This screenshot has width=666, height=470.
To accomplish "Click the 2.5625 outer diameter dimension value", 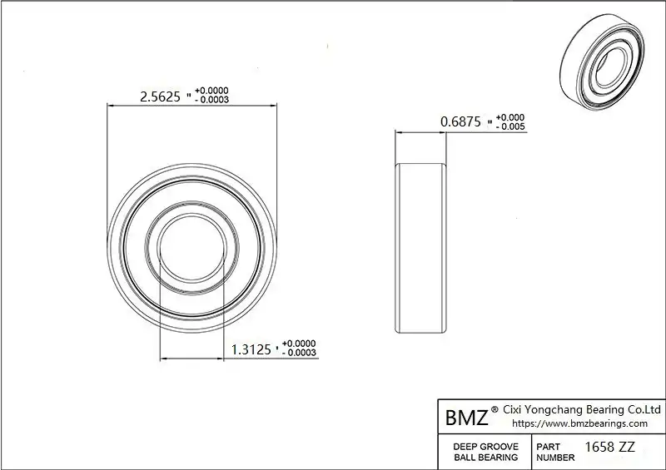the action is click(160, 96).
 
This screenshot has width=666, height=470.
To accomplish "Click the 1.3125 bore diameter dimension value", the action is click(251, 349).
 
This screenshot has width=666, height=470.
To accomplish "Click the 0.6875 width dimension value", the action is click(461, 121).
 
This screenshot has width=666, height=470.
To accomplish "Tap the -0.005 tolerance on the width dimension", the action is click(510, 126).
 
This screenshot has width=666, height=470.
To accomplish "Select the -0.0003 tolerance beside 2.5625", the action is click(212, 100).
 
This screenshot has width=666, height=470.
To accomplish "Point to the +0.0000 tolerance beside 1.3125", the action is click(299, 344).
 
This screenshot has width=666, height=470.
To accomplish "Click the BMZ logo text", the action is click(467, 418).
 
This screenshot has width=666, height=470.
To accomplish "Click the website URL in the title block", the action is click(579, 423).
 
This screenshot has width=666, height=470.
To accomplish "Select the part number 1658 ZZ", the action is click(610, 447).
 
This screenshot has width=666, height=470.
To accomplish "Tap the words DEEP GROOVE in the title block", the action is click(486, 447).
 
